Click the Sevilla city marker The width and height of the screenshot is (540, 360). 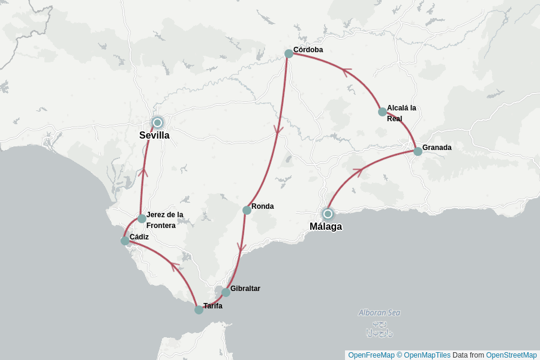(x=157, y=122)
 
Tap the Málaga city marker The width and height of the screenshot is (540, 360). (x=328, y=214)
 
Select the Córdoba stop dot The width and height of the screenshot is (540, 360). (x=289, y=53)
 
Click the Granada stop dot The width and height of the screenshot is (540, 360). (x=418, y=151)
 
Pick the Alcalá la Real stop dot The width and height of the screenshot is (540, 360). (x=382, y=112)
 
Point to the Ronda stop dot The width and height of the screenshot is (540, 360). (x=247, y=210)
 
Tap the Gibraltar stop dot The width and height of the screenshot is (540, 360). (x=226, y=292)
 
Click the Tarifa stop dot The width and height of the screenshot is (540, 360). (x=199, y=310)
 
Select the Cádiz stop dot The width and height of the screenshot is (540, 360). (x=125, y=241)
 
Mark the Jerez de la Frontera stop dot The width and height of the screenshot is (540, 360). (x=142, y=218)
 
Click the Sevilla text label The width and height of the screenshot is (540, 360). (x=154, y=136)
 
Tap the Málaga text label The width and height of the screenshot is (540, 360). (x=326, y=227)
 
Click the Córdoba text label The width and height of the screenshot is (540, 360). (x=308, y=50)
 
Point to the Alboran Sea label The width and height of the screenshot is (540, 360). (x=379, y=313)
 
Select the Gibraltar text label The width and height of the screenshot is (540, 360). (x=245, y=289)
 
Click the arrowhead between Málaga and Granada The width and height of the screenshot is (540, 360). (x=359, y=172)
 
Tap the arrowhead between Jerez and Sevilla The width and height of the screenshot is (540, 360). (x=143, y=172)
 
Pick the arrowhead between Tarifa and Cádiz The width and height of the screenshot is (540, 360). (x=175, y=265)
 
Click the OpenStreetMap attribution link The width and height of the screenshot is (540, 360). (x=511, y=355)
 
